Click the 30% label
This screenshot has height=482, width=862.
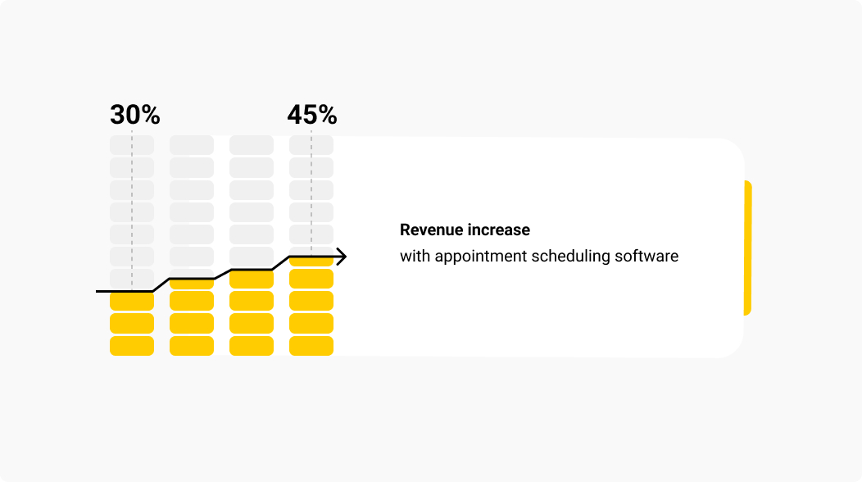click(x=134, y=116)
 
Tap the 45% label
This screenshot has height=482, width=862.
click(x=311, y=116)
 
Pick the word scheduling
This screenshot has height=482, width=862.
click(x=570, y=257)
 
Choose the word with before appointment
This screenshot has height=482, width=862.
click(x=415, y=256)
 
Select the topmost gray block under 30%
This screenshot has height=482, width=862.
click(x=132, y=145)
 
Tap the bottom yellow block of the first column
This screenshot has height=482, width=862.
click(x=132, y=346)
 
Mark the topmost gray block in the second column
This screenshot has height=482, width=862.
click(x=192, y=145)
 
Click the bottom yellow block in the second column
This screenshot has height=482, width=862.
click(x=192, y=346)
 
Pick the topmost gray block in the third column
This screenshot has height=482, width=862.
click(x=252, y=145)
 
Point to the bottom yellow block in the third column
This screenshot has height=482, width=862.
click(x=252, y=346)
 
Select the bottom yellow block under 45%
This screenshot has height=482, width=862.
click(x=311, y=346)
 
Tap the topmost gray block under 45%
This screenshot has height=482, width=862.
click(x=311, y=145)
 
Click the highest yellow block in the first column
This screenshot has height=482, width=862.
click(x=132, y=301)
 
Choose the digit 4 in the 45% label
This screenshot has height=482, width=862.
click(x=296, y=116)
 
